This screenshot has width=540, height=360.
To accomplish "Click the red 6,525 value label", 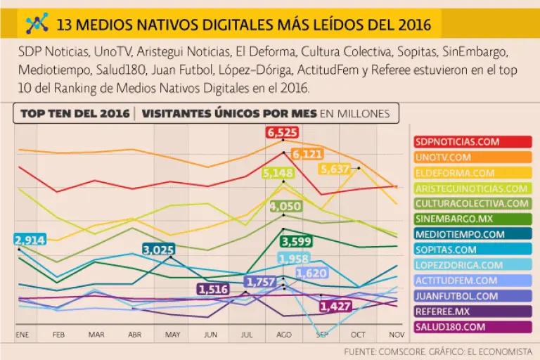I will [283, 132].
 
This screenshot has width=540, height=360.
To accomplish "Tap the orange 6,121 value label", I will [307, 154].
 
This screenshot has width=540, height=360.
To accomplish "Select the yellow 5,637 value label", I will [335, 169].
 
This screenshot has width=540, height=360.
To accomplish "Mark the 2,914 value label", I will [29, 240].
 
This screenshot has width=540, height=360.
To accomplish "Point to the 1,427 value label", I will [335, 307].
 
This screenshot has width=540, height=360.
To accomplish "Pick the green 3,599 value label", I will [295, 241].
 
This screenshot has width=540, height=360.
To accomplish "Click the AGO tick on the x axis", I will [283, 335].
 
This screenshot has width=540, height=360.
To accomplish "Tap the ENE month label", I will [22, 335].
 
